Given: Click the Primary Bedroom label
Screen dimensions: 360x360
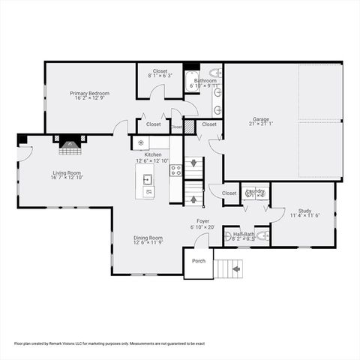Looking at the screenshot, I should (90, 94).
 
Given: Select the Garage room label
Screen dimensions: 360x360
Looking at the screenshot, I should (261, 120).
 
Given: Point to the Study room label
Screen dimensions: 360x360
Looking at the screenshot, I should (304, 211).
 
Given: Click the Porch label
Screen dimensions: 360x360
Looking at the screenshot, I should (199, 261).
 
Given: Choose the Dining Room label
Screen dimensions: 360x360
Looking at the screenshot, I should (148, 238).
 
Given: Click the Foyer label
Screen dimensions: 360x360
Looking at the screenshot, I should (203, 221).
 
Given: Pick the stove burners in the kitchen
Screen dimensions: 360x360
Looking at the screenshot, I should (176, 170).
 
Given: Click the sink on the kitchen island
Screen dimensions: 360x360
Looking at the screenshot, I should (148, 179).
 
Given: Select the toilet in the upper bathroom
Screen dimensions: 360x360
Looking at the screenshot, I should (214, 73).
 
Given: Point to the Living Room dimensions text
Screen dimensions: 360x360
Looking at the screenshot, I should (66, 178).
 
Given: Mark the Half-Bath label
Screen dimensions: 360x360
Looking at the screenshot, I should (242, 233).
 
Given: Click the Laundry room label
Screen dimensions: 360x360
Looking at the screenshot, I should (255, 190).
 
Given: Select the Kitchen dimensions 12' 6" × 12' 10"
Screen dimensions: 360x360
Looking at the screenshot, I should (153, 160).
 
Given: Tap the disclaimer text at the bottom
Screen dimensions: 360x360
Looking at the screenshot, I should (109, 343).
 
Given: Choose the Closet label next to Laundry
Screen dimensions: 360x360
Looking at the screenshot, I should (229, 193).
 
